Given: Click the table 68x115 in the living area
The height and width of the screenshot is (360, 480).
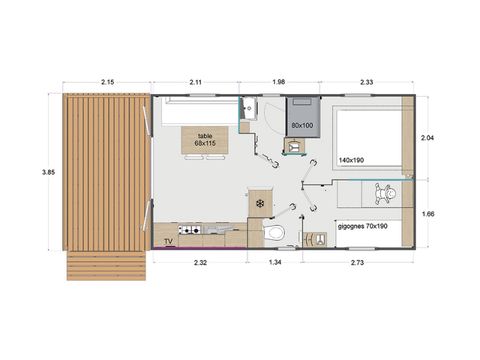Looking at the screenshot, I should [205, 140].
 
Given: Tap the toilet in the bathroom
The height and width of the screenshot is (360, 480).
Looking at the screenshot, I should [274, 233].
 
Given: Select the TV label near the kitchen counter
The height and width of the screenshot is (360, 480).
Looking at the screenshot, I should [169, 241].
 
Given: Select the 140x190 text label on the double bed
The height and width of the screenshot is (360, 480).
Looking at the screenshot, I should [351, 160].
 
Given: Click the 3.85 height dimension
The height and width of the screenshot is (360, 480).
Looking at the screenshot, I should [48, 172].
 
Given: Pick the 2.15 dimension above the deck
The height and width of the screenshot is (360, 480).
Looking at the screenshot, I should [107, 82].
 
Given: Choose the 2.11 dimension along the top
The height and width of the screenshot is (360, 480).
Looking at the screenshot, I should [196, 82].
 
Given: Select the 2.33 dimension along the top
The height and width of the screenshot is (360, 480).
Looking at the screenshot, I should [366, 82].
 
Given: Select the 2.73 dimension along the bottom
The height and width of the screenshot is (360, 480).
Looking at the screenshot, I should [358, 262].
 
